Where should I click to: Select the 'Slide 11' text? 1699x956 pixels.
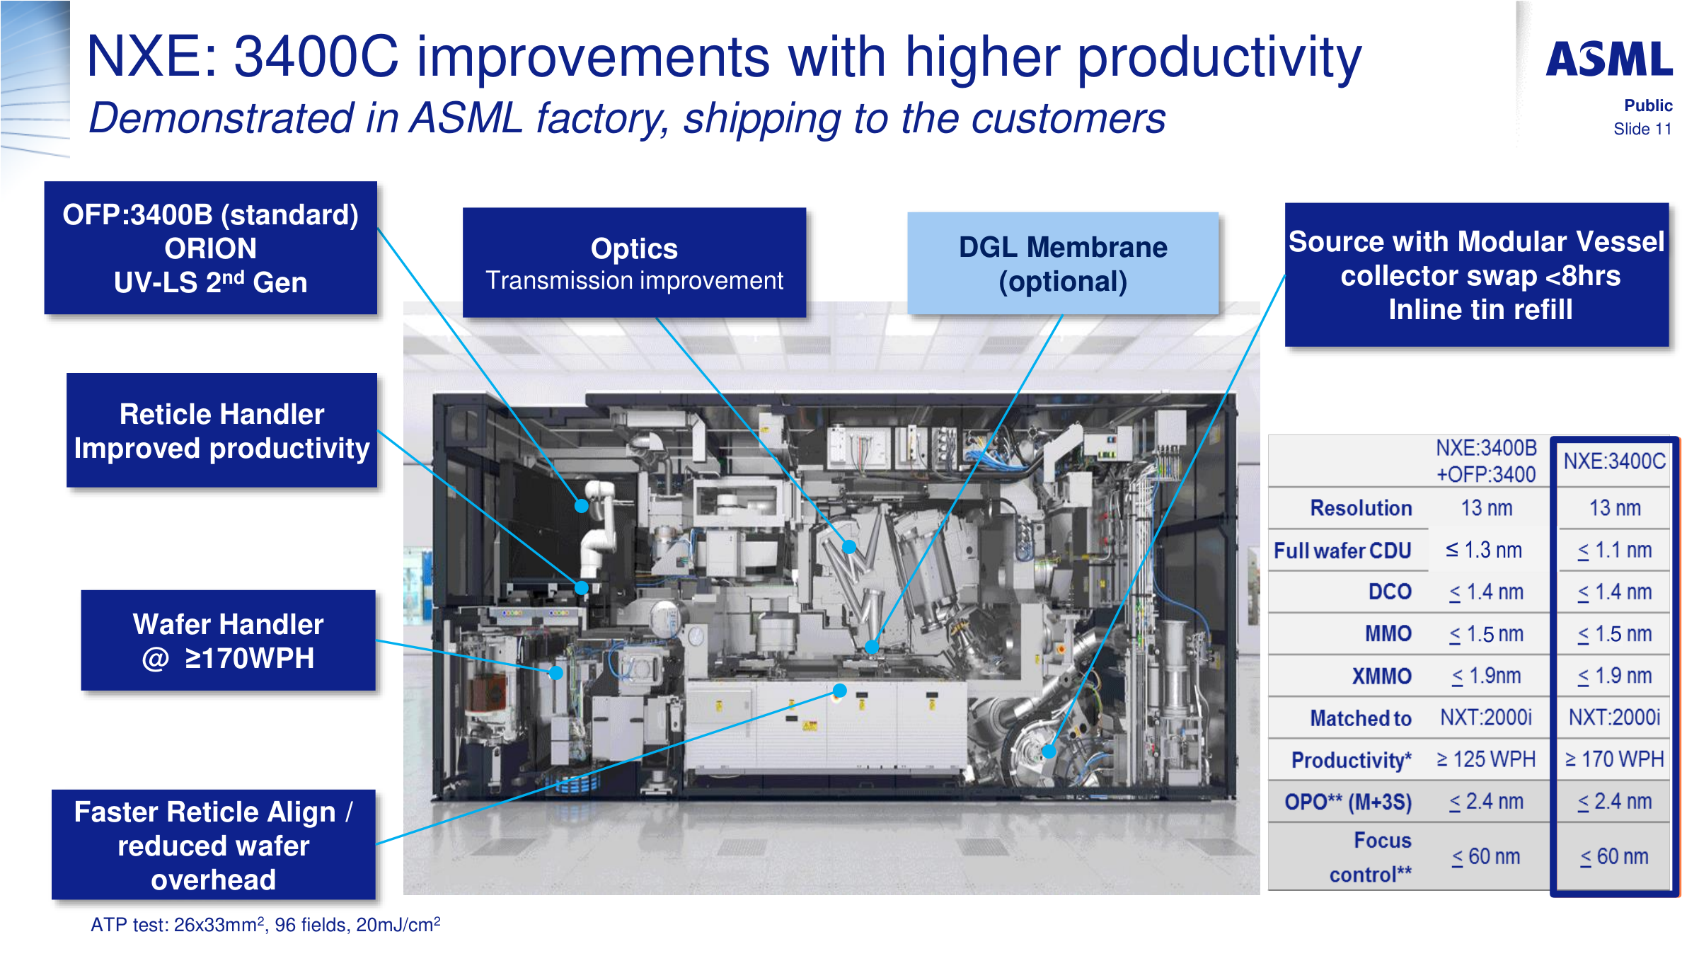(1642, 129)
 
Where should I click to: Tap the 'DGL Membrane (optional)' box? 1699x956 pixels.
(1063, 263)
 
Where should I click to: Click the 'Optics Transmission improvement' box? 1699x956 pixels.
(634, 263)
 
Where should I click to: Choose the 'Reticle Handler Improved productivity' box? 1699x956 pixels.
(221, 430)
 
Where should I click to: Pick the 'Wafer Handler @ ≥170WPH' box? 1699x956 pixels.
(228, 640)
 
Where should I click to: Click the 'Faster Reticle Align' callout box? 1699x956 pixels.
(213, 844)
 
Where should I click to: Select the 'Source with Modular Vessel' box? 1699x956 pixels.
(1477, 275)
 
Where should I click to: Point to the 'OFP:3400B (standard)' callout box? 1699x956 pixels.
(210, 248)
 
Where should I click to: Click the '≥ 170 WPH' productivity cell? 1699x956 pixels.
(1614, 759)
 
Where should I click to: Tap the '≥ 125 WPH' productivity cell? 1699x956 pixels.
(1486, 759)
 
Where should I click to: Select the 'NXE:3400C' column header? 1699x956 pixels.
(1614, 461)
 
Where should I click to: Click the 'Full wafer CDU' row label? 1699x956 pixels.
(1342, 551)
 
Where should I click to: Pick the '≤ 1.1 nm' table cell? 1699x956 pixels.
(1615, 551)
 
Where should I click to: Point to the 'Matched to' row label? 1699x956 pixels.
(1361, 718)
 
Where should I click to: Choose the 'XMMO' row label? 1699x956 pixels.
(1381, 676)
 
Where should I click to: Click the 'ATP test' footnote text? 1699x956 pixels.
(265, 924)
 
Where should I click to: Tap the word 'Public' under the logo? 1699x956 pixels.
(1648, 105)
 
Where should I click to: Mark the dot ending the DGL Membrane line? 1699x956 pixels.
(872, 646)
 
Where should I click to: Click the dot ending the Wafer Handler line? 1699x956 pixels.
(556, 673)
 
